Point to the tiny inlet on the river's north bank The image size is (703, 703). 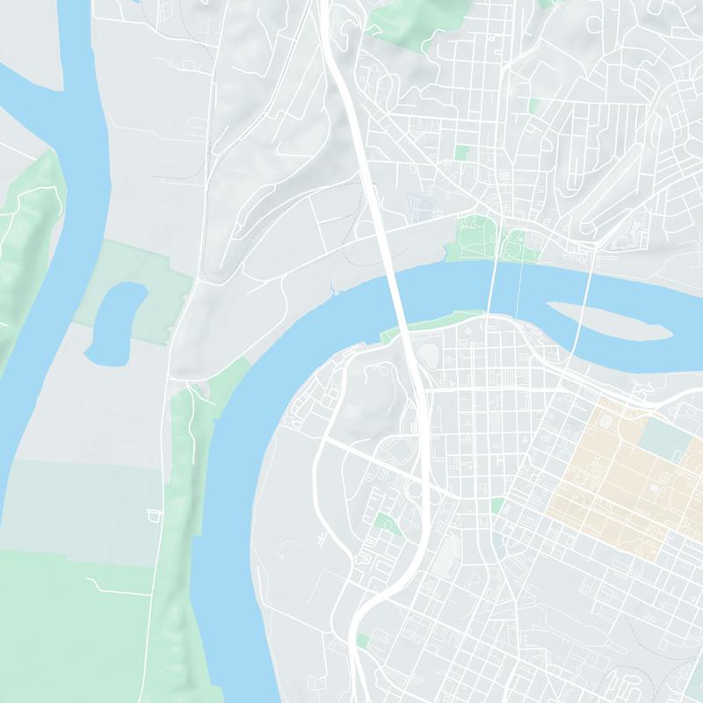pyautogui.click(x=331, y=286)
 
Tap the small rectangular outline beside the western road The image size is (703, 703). pyautogui.click(x=156, y=512)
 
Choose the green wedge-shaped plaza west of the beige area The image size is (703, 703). pyautogui.click(x=497, y=506)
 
